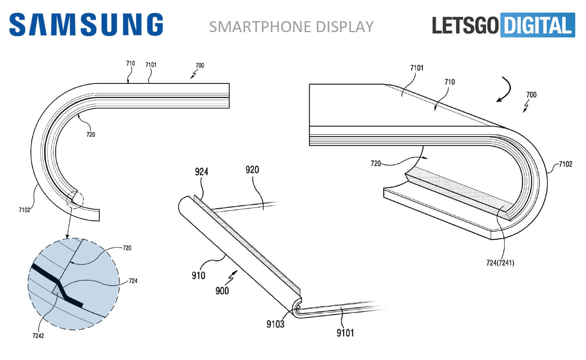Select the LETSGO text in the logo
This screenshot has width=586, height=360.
pyautogui.click(x=465, y=25)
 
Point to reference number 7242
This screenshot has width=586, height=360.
pyautogui.click(x=38, y=336)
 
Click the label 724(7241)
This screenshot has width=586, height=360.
pyautogui.click(x=500, y=263)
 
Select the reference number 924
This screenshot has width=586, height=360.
pyautogui.click(x=201, y=172)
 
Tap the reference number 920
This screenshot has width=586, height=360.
pyautogui.click(x=252, y=170)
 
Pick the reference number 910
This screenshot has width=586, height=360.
pyautogui.click(x=198, y=275)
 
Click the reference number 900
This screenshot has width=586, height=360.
pyautogui.click(x=222, y=291)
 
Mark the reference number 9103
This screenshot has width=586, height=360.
pyautogui.click(x=276, y=324)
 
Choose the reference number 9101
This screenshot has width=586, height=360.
pyautogui.click(x=345, y=333)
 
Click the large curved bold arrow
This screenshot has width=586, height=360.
pyautogui.click(x=504, y=89)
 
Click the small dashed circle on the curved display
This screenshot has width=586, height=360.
pyautogui.click(x=75, y=199)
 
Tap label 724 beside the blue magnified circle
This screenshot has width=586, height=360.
pyautogui.click(x=133, y=281)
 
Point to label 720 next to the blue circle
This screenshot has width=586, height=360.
pyautogui.click(x=127, y=248)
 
